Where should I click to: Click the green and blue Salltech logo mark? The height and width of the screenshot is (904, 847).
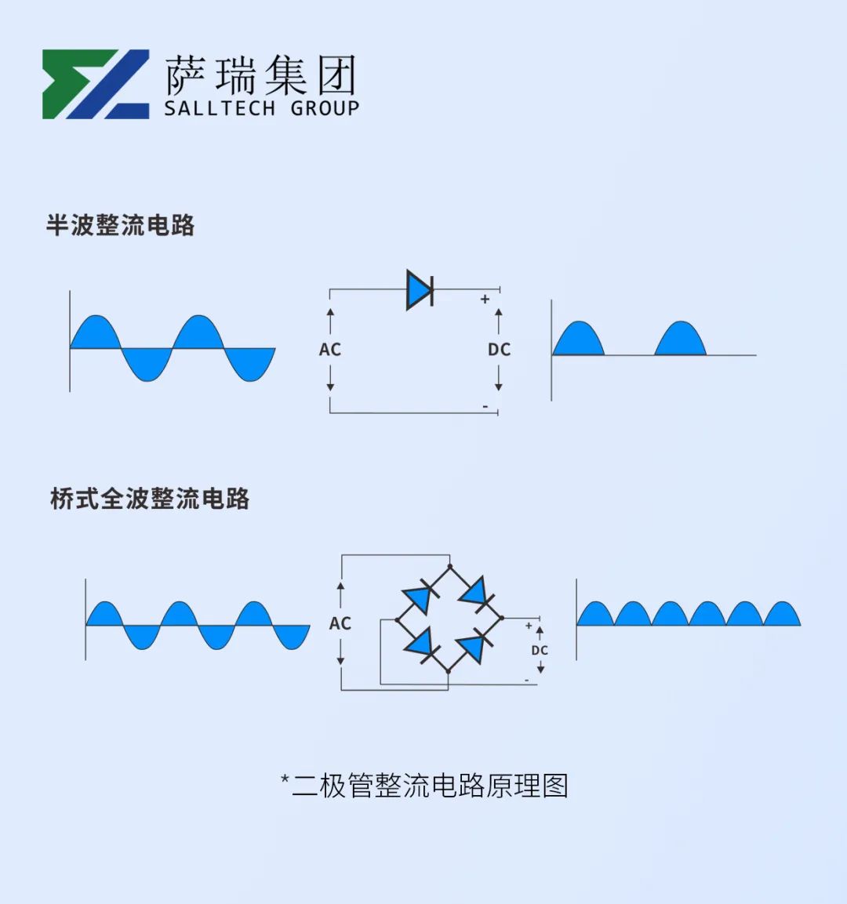click(96, 84)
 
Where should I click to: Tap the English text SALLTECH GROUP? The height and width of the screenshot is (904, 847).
click(262, 108)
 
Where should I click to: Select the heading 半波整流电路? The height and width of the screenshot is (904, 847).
click(121, 225)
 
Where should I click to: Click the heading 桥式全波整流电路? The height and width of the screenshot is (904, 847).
click(150, 499)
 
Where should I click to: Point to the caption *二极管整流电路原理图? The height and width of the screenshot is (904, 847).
click(424, 786)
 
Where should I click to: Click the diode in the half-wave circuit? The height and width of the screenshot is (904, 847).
click(420, 289)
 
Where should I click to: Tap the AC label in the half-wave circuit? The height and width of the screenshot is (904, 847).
click(330, 350)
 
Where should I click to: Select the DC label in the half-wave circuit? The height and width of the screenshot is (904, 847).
click(500, 350)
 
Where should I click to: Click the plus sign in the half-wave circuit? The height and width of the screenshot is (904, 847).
click(485, 300)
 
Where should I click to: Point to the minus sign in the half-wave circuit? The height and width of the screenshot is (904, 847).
click(485, 406)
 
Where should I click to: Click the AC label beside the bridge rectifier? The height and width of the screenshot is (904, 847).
click(340, 623)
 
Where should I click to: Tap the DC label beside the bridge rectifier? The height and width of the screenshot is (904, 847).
click(540, 650)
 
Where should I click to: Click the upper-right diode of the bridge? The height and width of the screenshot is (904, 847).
click(476, 593)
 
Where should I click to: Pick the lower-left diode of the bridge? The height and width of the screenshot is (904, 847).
click(422, 644)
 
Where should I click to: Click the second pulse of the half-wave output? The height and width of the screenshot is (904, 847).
click(681, 339)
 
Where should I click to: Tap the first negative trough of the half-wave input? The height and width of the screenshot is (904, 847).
click(147, 365)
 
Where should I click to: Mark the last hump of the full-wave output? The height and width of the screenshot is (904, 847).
click(782, 614)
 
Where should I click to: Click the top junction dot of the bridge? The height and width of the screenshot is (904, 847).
click(449, 567)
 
